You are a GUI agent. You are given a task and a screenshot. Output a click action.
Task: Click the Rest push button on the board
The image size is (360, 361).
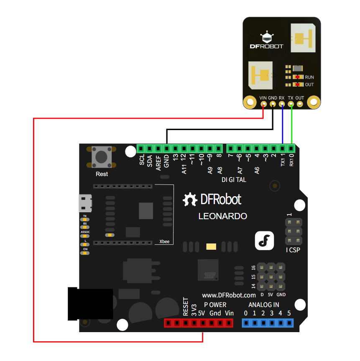point(102,157)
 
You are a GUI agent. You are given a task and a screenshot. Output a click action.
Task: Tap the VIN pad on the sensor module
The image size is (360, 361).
point(263,104)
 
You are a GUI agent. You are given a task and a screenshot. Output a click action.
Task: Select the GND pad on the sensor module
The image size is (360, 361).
point(273,104)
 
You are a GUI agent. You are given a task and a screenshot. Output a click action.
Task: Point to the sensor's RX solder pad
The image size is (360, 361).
point(282,104)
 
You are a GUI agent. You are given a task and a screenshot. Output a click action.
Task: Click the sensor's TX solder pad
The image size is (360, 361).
point(291,104)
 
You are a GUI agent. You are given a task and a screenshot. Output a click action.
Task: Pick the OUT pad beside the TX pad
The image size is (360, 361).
point(300,104)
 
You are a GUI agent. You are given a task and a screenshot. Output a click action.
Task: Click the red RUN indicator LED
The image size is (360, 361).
point(298,77)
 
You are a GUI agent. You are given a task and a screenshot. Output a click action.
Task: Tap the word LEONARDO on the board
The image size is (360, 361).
point(222,216)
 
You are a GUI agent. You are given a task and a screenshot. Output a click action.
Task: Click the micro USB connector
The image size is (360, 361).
point(85,203)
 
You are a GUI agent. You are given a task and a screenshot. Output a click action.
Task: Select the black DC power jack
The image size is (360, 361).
point(90,303)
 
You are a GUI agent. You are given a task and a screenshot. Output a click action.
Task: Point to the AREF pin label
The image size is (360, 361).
point(158,162)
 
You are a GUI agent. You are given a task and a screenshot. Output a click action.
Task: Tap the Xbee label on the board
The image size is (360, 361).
point(164,241)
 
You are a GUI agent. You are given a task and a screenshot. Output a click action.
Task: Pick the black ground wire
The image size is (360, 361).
point(217,130)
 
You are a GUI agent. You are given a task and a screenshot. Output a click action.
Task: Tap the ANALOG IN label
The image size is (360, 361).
point(263,305)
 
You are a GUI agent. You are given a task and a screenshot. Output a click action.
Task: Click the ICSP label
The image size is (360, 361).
point(293,250)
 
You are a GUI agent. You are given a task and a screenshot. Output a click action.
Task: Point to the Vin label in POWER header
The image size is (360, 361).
point(229,313)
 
